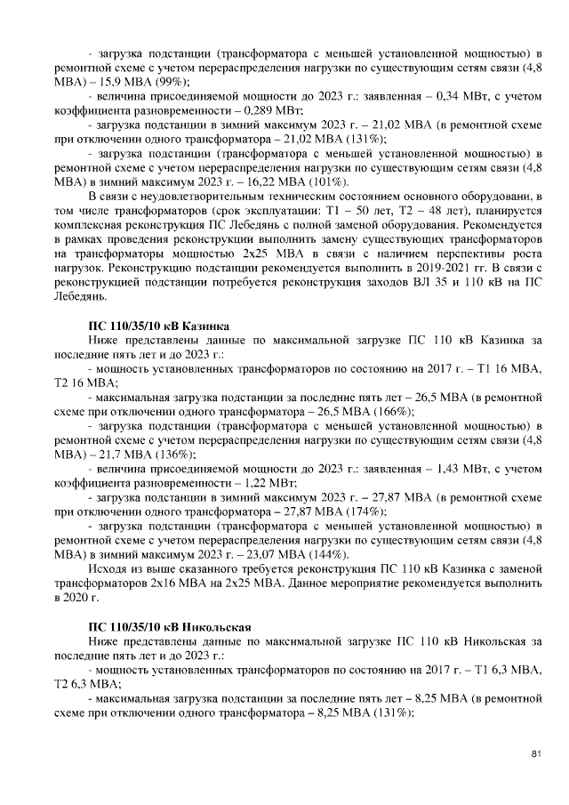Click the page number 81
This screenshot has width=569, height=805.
point(536,755)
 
